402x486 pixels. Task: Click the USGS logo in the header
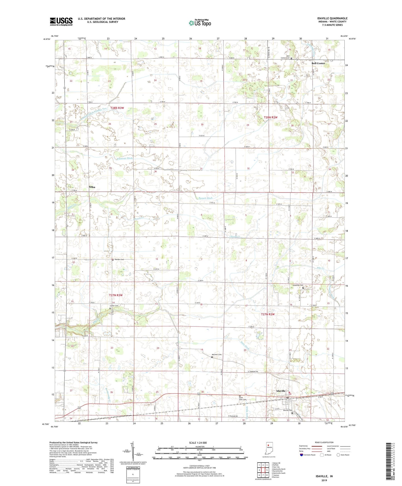pyautogui.click(x=61, y=21)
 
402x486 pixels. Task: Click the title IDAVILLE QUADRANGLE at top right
pyautogui.click(x=332, y=18)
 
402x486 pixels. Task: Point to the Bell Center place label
pyautogui.click(x=318, y=63)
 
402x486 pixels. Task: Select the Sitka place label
pyautogui.click(x=92, y=187)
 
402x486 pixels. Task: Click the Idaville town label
pyautogui.click(x=281, y=391)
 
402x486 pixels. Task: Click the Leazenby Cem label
pyautogui.click(x=298, y=285)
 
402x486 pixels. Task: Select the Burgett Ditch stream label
pyautogui.click(x=205, y=198)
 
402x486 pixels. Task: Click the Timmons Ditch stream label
pyautogui.click(x=124, y=158)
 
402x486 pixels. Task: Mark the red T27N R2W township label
pyautogui.click(x=268, y=314)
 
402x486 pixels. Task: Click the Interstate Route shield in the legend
pyautogui.click(x=302, y=455)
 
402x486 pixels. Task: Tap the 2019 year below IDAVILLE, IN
pyautogui.click(x=324, y=480)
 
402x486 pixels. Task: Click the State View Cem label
pyautogui.click(x=241, y=399)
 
